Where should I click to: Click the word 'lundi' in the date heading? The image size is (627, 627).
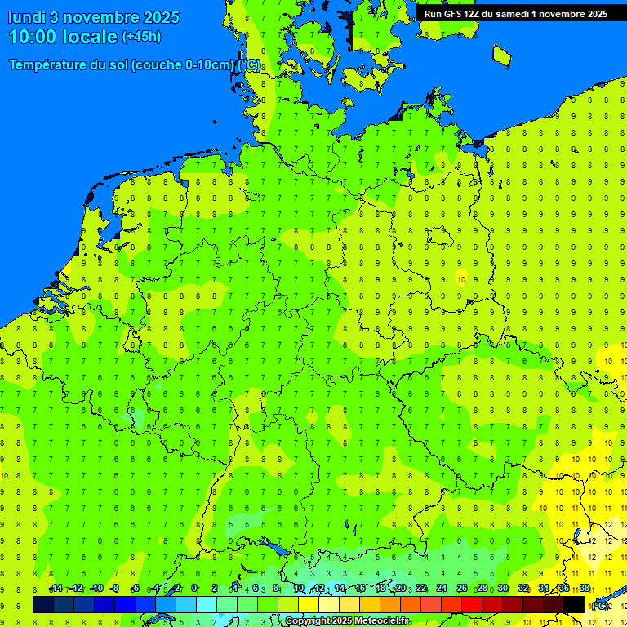[x=26, y=17]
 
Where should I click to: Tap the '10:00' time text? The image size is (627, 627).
[x=33, y=37]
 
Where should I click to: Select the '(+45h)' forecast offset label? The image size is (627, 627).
[x=141, y=37]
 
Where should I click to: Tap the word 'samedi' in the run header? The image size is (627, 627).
[x=508, y=14]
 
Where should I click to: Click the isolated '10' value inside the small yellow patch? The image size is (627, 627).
[x=462, y=279]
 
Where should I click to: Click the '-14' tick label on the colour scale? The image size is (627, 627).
[x=56, y=589]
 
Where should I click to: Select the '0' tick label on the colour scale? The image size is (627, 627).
[x=194, y=589]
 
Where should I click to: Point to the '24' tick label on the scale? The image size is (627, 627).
[x=442, y=589]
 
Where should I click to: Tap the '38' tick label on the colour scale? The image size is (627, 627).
[x=585, y=589]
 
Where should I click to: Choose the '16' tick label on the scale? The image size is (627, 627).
[x=360, y=589]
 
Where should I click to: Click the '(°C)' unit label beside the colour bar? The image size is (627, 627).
[x=600, y=605]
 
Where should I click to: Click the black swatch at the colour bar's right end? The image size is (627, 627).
[x=574, y=604]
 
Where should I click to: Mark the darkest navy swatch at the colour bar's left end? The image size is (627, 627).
[x=43, y=604]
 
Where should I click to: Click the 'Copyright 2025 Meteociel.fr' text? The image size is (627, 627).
[x=346, y=621]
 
